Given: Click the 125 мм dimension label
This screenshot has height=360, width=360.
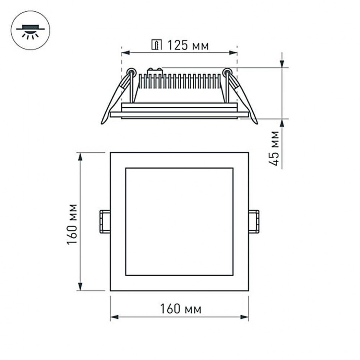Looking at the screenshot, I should coord(187,46).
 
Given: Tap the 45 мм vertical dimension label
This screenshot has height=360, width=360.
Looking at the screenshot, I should coord(275,148).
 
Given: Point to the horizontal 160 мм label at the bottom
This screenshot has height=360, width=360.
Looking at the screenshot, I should coord(181,308).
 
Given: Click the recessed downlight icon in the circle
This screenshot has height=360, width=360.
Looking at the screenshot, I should coord(30,30).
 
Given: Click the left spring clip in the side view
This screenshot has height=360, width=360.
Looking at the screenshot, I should coord(116,97).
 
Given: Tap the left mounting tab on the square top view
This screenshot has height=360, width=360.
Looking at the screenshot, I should coord(105,222).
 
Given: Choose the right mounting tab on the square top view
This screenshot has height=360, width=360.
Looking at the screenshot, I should coord(254,222).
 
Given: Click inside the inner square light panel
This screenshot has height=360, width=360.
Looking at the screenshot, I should coord(179,222).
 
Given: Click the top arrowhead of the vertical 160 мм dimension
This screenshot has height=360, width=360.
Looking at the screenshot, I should coord(80,156).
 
